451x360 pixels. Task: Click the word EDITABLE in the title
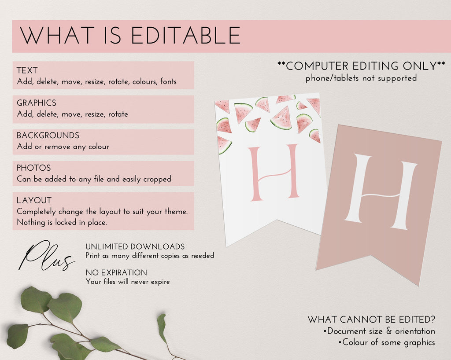tap(185, 35)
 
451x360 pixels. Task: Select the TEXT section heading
tap(27, 70)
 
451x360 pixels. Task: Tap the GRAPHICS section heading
tap(37, 103)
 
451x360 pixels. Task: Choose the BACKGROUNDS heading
tap(48, 135)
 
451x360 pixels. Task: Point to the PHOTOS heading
tap(33, 168)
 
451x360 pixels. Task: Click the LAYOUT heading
tap(34, 200)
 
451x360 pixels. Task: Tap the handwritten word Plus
tap(46, 256)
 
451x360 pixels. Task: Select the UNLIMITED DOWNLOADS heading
tap(135, 247)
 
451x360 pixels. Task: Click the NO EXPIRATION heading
tap(116, 273)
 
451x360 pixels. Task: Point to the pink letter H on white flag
tap(274, 173)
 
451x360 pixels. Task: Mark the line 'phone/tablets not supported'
tap(361, 78)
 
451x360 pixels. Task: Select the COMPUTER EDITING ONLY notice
tap(361, 66)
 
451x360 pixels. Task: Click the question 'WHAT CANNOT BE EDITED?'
tap(371, 320)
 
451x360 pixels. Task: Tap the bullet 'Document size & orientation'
tap(379, 331)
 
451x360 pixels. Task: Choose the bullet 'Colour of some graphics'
tap(387, 342)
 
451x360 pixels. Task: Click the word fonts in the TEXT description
tap(168, 81)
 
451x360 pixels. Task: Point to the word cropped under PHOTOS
tap(157, 179)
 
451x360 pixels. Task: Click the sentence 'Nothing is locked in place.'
tap(62, 222)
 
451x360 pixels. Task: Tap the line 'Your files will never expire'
tap(128, 282)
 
